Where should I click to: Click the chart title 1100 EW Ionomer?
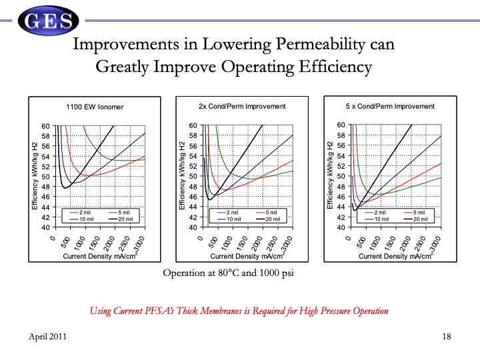click(95, 107)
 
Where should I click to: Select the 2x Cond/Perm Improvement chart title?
click(241, 107)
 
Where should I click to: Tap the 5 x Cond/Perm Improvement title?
click(390, 107)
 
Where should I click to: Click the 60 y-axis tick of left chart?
click(46, 126)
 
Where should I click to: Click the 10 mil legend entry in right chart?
click(383, 219)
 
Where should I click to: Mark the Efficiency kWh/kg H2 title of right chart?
click(330, 176)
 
